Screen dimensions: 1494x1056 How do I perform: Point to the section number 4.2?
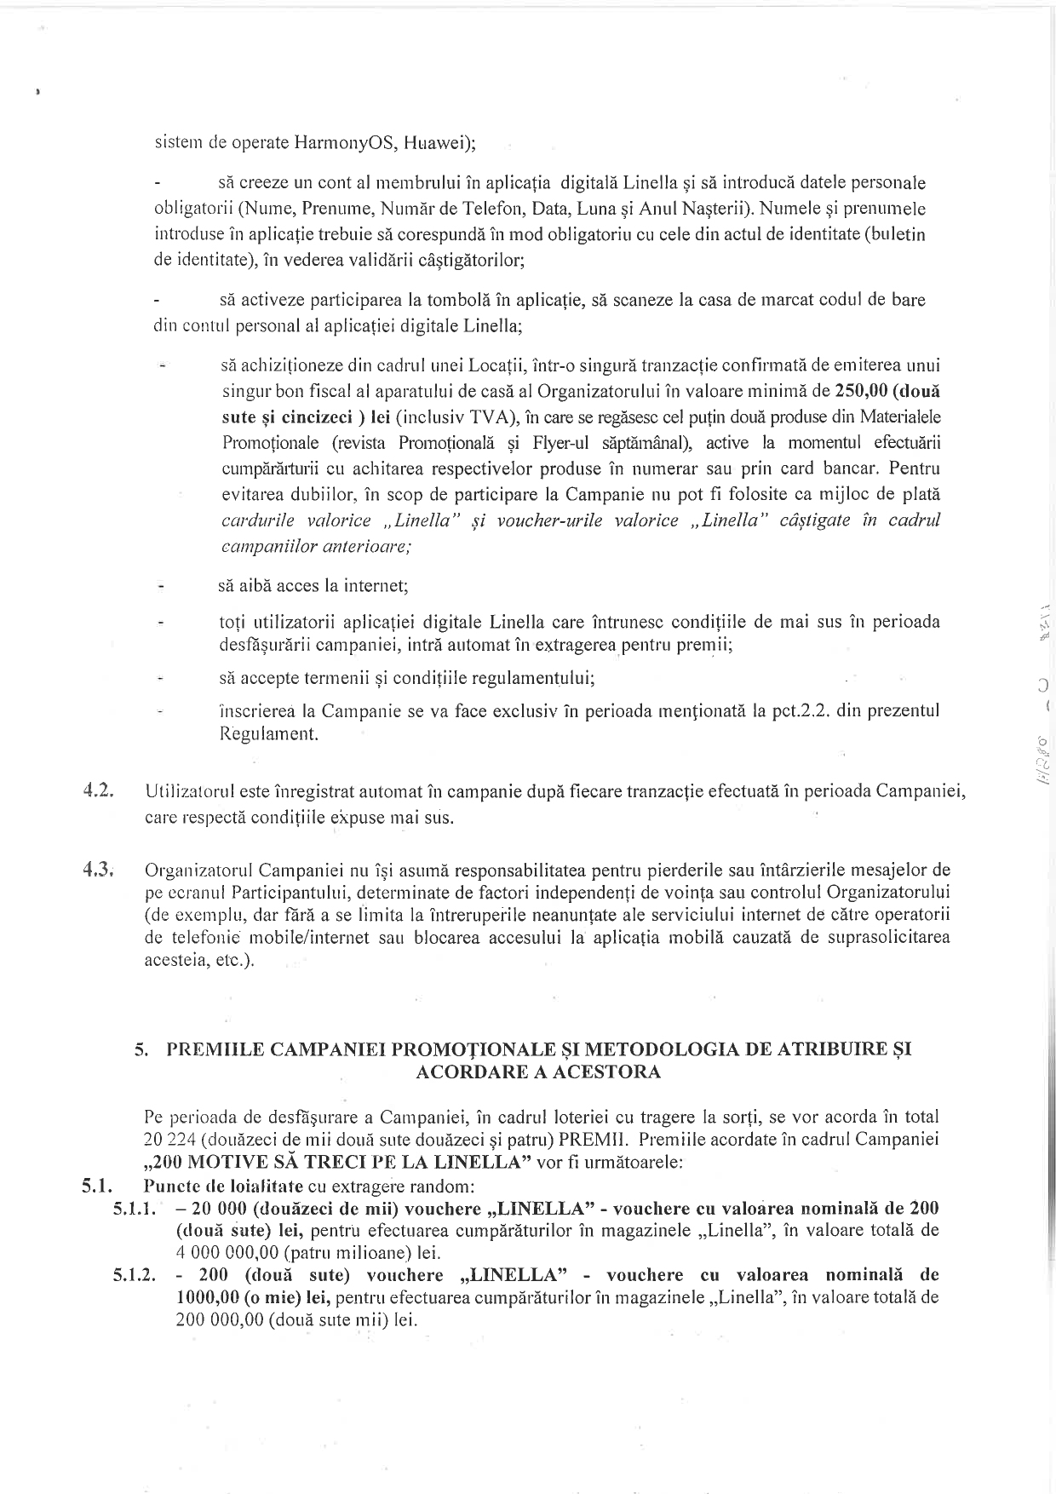tap(100, 790)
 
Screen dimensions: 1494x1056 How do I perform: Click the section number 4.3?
tap(100, 870)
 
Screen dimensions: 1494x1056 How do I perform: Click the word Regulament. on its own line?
tap(269, 733)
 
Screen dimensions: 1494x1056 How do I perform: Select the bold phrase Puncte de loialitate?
tap(224, 1185)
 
